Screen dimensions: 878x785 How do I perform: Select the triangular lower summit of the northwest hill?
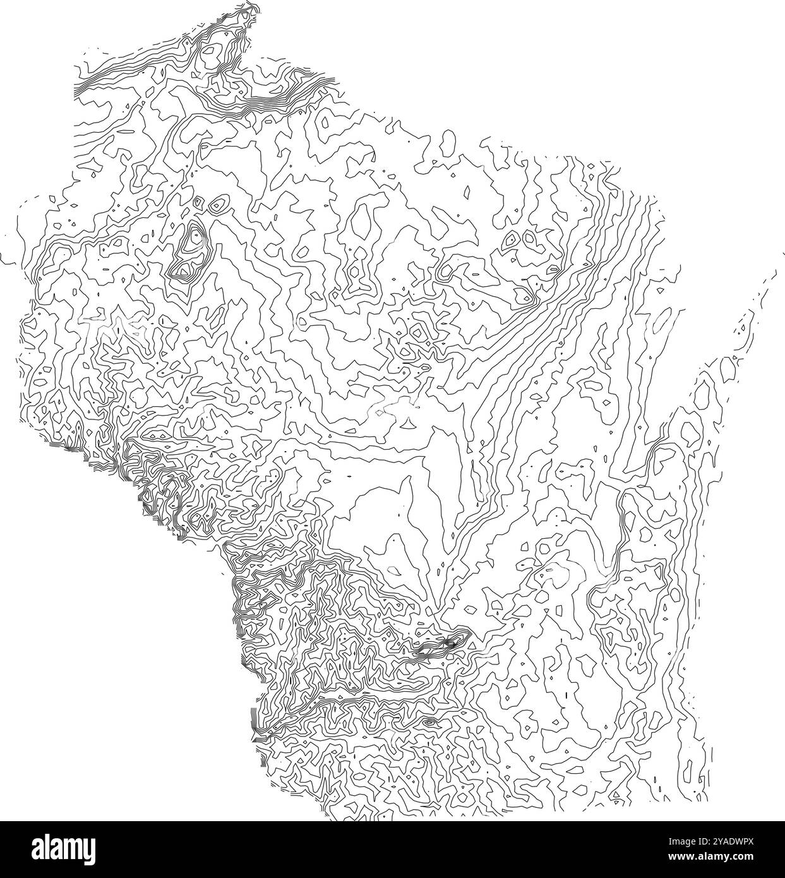coord(184,270)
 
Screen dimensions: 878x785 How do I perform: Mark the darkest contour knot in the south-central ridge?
coord(447,644)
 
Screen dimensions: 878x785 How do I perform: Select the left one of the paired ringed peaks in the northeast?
coord(510,239)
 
